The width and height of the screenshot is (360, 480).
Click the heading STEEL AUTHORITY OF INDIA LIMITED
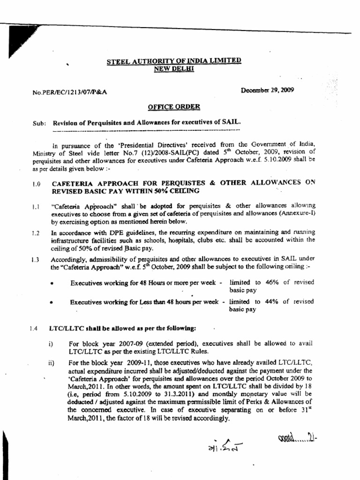[173, 60]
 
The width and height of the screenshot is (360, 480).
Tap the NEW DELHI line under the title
[173, 68]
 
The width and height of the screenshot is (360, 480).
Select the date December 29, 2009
[268, 90]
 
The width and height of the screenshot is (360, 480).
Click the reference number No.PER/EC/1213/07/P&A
[70, 92]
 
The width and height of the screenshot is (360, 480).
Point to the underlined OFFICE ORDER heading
[173, 107]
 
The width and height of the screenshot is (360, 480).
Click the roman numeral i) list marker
[50, 344]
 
